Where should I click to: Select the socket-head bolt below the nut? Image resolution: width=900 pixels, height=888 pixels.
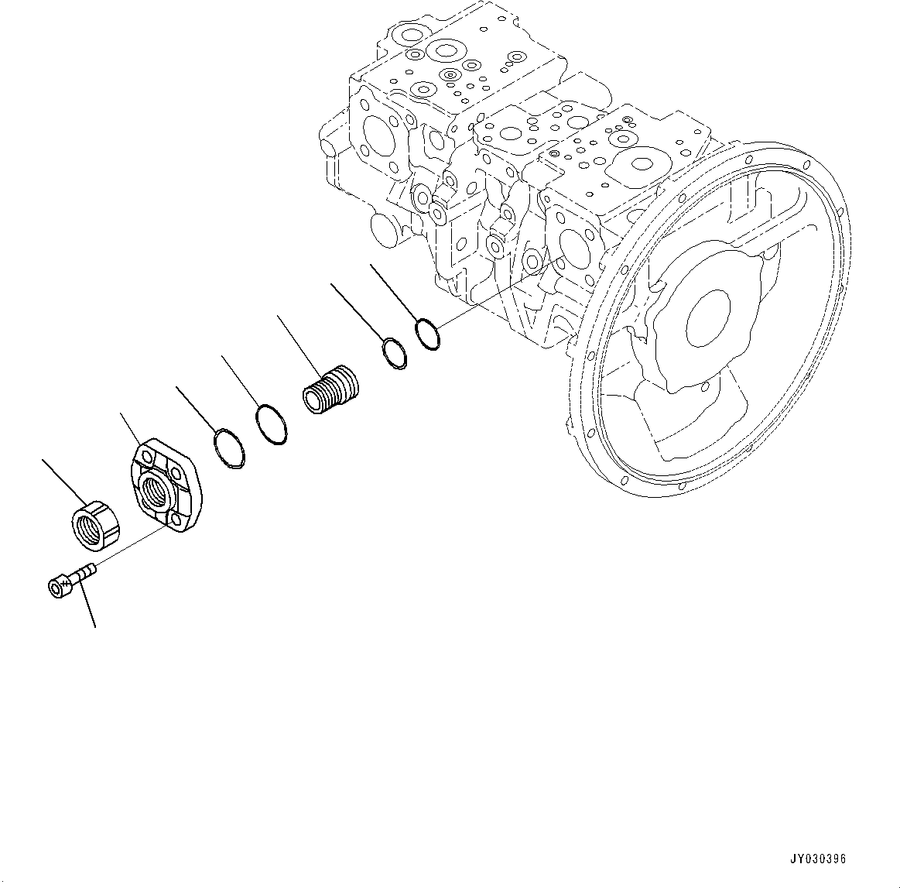(x=70, y=581)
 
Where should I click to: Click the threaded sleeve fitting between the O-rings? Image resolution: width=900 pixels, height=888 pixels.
(x=331, y=388)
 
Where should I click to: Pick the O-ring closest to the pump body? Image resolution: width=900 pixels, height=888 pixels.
(x=427, y=334)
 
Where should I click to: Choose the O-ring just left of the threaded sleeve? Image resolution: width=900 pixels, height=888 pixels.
(x=272, y=424)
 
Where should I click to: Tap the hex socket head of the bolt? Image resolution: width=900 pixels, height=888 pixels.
(x=56, y=588)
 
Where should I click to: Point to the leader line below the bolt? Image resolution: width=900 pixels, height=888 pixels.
(x=89, y=608)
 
